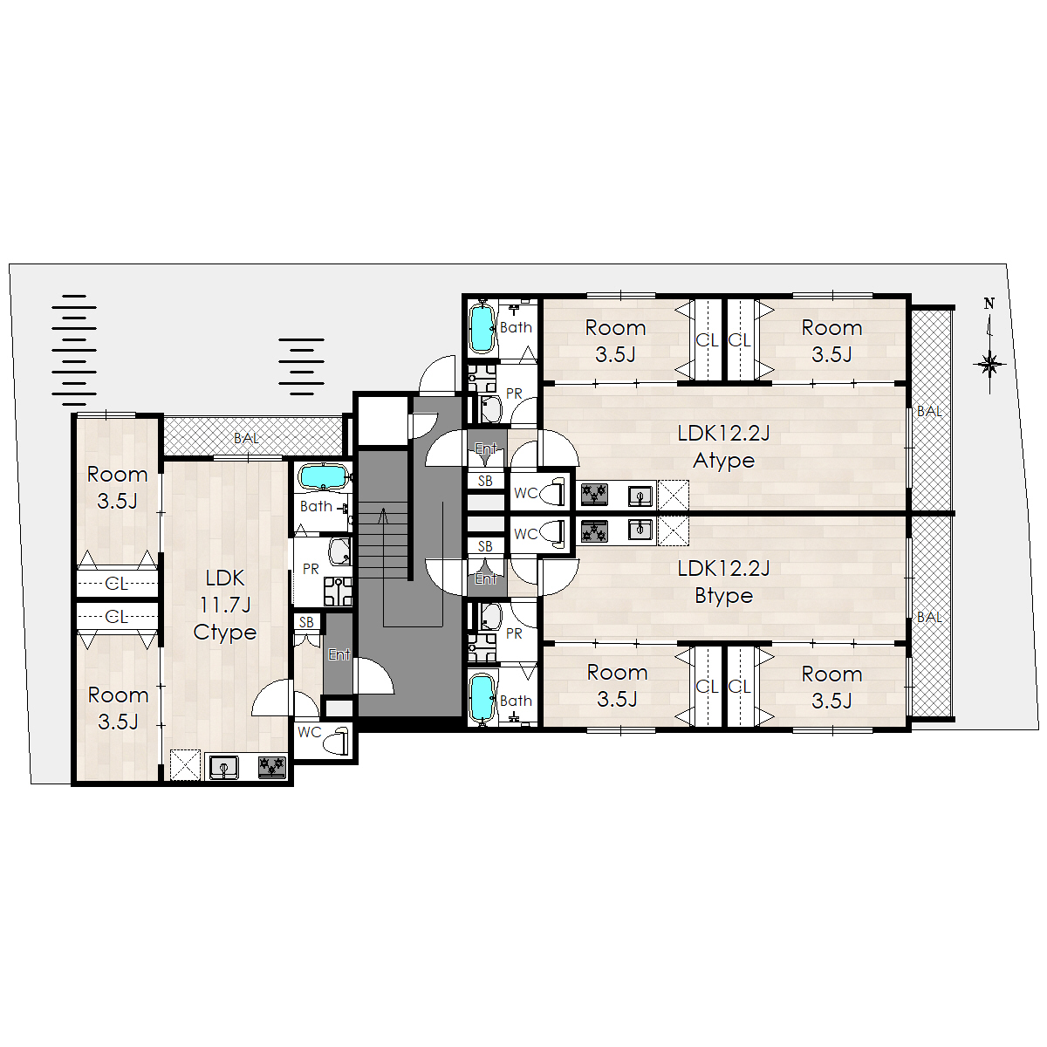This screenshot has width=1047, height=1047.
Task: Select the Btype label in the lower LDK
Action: [723, 596]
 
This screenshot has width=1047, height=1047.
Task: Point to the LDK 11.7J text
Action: [225, 592]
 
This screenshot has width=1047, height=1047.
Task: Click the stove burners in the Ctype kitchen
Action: [271, 766]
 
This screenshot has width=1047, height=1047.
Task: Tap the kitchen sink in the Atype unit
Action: [641, 495]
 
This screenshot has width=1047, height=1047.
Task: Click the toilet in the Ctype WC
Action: [336, 740]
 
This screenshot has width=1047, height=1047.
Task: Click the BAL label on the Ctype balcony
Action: [246, 438]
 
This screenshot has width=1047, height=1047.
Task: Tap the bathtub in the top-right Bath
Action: [482, 328]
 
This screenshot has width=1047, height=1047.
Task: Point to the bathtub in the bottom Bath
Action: [482, 697]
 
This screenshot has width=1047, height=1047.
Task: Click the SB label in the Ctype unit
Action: [306, 623]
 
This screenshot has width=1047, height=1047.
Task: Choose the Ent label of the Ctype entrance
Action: [339, 654]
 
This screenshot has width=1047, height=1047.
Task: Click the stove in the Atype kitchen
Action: [594, 495]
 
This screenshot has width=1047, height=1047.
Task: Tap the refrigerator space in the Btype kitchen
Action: [674, 530]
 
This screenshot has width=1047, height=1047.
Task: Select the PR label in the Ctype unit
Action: [311, 569]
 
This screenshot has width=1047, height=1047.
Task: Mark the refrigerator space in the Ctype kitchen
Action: [185, 765]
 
